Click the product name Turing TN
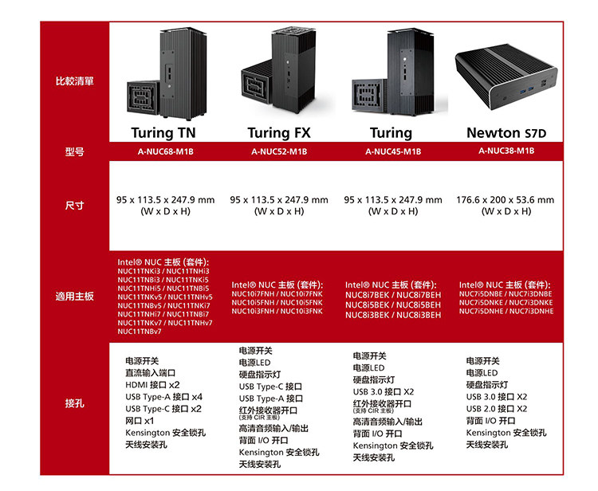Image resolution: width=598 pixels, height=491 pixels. [164, 132]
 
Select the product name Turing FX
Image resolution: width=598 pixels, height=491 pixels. [278, 132]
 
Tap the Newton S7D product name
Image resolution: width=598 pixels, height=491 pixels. [506, 132]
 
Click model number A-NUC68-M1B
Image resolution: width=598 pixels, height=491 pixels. [164, 151]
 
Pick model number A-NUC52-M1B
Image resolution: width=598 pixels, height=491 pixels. [278, 151]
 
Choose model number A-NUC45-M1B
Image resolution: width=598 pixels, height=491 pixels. [392, 151]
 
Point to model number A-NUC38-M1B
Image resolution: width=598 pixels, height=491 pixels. [506, 151]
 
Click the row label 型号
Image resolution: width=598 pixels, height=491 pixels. [75, 151]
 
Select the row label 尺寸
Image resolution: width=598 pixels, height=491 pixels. [75, 206]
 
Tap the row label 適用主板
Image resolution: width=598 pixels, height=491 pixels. [75, 296]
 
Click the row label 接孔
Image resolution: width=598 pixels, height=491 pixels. [75, 403]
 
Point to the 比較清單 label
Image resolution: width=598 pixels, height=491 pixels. [75, 81]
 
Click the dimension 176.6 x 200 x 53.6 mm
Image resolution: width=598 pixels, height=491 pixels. [506, 200]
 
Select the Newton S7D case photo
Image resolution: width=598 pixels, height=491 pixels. [506, 78]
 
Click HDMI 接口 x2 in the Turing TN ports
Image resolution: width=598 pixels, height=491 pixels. [152, 384]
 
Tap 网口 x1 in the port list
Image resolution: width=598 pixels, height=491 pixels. [140, 420]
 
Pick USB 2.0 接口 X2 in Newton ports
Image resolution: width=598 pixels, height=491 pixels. [496, 408]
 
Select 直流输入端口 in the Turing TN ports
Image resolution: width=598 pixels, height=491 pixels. [150, 372]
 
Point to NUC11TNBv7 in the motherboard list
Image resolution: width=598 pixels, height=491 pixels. [140, 331]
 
